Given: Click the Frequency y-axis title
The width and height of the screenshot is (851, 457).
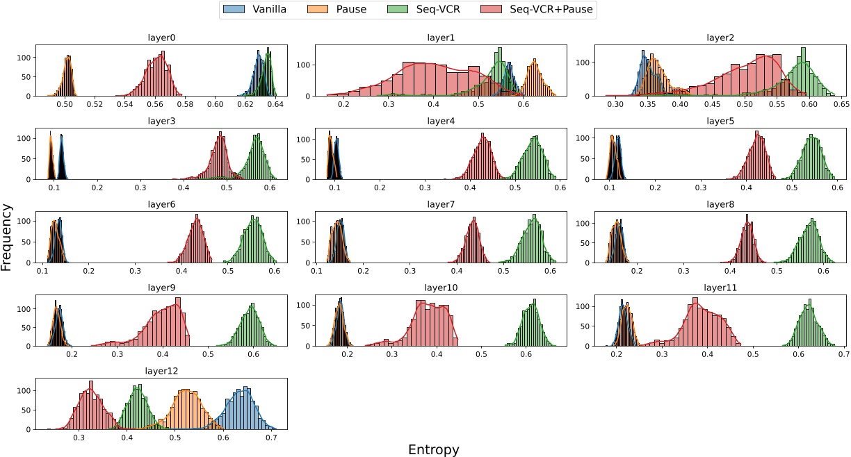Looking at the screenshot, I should pyautogui.click(x=8, y=236).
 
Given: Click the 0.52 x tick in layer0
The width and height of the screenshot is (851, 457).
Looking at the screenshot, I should pyautogui.click(x=95, y=104).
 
